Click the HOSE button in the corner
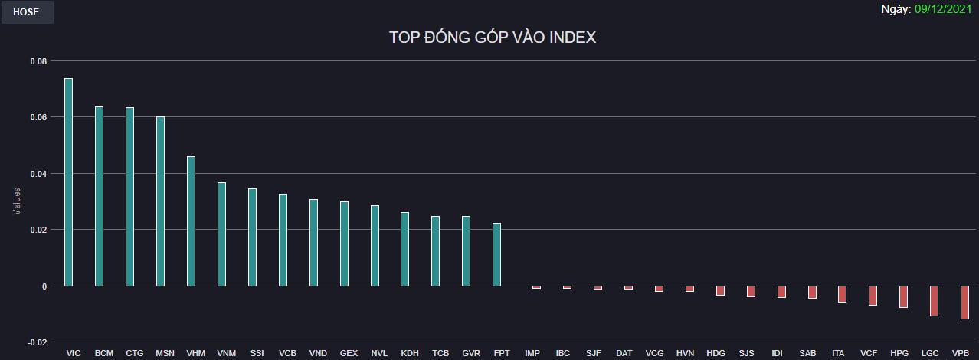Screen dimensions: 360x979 pos(27,12)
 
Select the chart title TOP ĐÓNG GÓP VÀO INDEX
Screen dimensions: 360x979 pos(492,38)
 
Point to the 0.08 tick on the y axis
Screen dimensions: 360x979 pos(38,61)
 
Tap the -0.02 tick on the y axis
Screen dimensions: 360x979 pos(37,342)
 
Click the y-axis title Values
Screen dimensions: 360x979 pos(17,201)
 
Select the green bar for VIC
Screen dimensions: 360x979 pos(68,182)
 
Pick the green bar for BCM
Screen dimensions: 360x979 pos(99,196)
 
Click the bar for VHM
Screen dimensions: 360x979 pos(191,221)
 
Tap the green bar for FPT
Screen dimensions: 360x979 pos(496,254)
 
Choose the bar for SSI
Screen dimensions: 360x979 pos(252,237)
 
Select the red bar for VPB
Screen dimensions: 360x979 pos(964,303)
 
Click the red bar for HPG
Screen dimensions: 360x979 pos(903,297)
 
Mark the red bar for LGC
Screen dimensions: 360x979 pos(934,301)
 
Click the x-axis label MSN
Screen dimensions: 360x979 pos(165,353)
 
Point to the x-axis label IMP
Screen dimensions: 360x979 pos(532,353)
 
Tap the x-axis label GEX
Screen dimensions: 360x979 pos(349,353)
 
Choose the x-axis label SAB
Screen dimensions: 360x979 pos(807,353)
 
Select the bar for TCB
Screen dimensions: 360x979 pos(435,251)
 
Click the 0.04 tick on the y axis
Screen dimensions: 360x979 pos(38,174)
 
